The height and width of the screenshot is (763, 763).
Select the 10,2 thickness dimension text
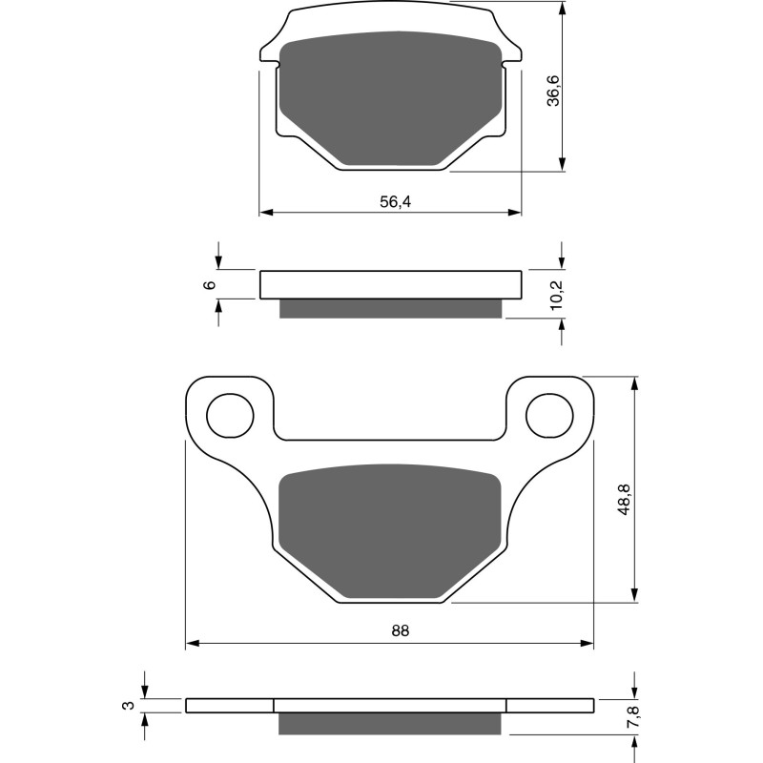[555, 295]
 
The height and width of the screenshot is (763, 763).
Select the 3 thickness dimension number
[126, 706]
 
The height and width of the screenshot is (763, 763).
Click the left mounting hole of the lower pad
[230, 415]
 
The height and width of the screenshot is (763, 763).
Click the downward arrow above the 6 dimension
[218, 263]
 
